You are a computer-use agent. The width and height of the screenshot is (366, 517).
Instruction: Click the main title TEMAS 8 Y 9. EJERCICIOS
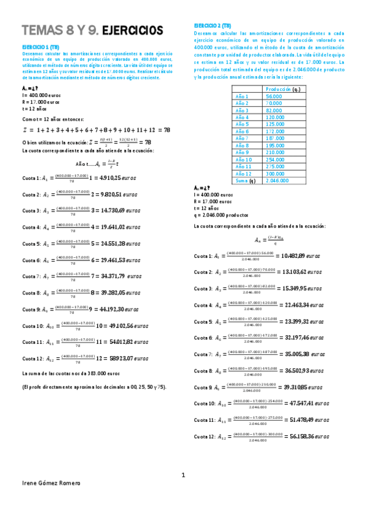(x=92, y=30)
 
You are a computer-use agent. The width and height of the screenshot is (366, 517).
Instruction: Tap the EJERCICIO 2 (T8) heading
(x=214, y=25)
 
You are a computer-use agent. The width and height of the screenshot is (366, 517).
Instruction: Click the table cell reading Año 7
(x=242, y=138)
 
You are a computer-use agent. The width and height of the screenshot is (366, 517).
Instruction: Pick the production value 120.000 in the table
(x=275, y=117)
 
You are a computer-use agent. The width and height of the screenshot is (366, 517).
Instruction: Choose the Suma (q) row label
(x=244, y=180)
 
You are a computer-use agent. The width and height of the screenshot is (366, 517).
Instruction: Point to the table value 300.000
(x=275, y=174)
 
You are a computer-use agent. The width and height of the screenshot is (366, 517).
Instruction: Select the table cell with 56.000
(x=274, y=96)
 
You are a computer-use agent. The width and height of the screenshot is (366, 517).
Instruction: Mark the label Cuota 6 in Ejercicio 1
(x=31, y=260)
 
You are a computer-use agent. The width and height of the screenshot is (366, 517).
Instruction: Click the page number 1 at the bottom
(x=183, y=475)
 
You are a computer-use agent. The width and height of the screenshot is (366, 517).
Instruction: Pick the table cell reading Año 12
(x=243, y=174)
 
